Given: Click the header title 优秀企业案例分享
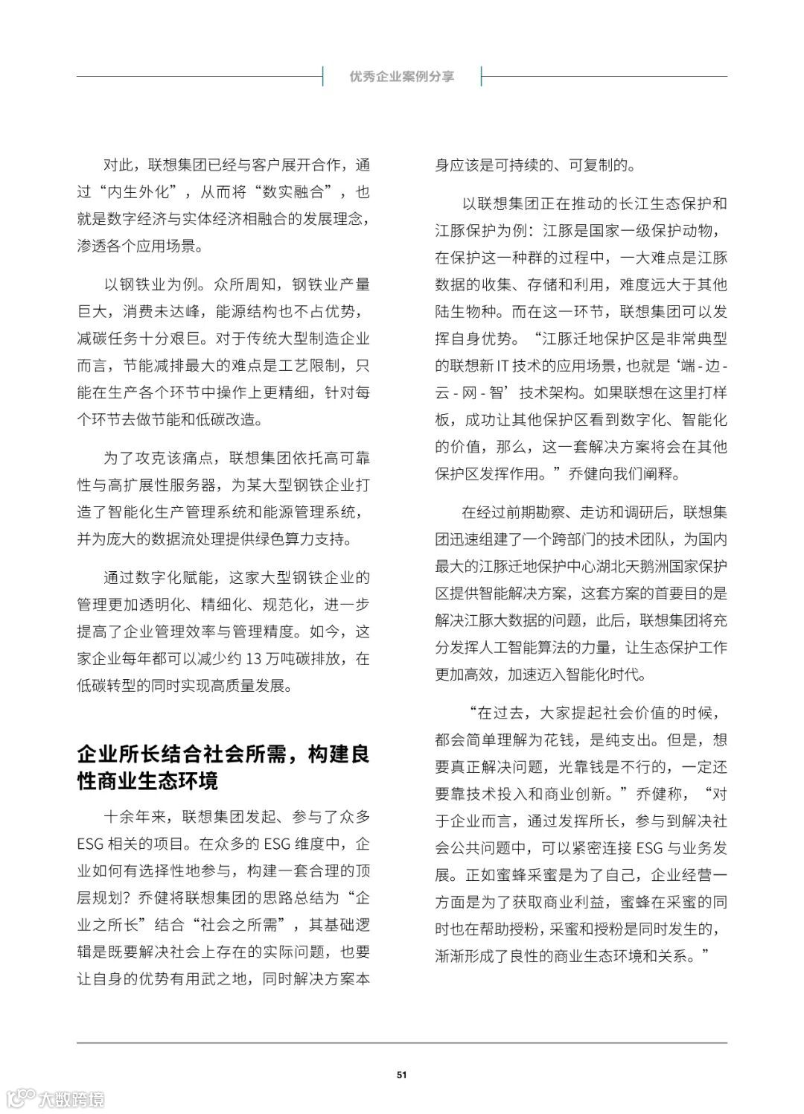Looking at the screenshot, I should click(402, 76).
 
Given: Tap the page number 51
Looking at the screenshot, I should click(402, 1075).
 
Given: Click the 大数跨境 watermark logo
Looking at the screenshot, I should click(56, 1098).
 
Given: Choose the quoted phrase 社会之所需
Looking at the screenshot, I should click(240, 925).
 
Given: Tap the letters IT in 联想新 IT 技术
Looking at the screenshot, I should click(519, 366).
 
